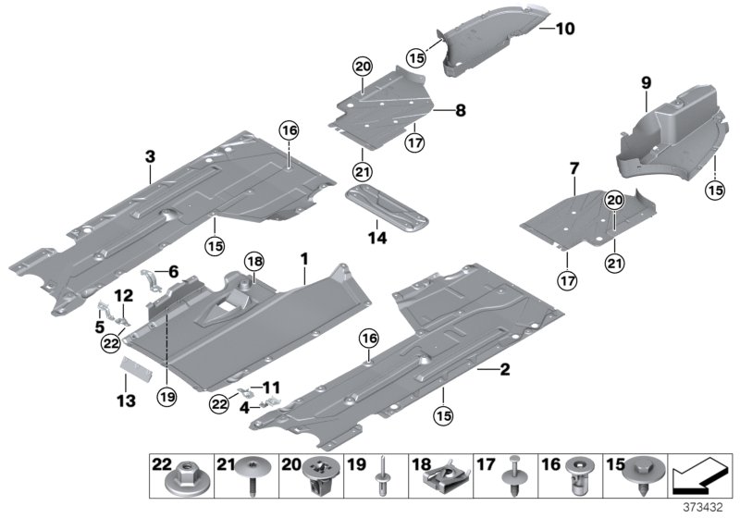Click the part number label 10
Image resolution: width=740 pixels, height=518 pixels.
point(564,29)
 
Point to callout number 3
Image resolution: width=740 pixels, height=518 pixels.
point(150,158)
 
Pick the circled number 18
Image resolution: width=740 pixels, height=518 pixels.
point(253,263)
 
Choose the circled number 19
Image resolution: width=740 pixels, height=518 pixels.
point(166,398)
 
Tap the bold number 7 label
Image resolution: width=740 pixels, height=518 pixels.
point(574,168)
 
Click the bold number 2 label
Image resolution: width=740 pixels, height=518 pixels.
point(504,370)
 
